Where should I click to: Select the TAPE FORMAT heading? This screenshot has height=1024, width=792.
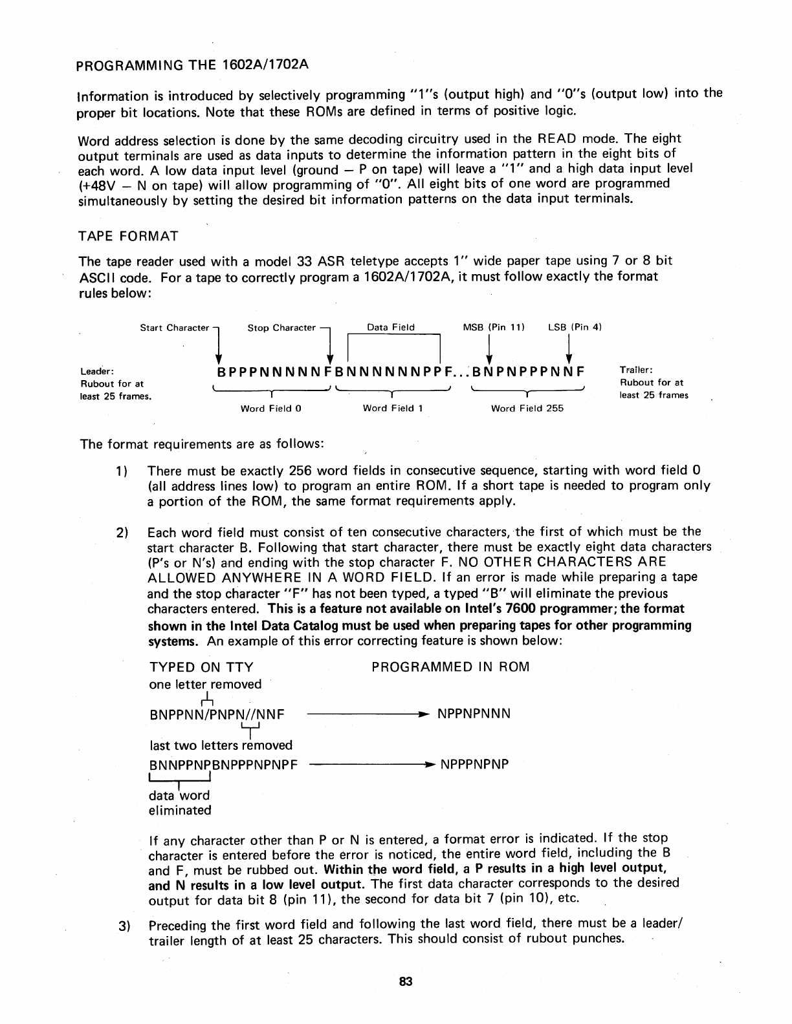[x=127, y=236]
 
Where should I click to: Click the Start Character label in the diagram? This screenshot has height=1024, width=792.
[x=175, y=328]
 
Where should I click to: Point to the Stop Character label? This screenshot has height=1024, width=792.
[x=281, y=328]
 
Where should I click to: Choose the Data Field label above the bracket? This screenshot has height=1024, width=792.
[x=391, y=327]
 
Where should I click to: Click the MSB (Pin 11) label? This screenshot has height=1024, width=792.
[x=494, y=327]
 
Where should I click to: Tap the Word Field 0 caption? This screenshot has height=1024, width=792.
[x=271, y=409]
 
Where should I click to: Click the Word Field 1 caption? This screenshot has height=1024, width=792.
[x=393, y=409]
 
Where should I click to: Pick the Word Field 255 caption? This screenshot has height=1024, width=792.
[x=527, y=409]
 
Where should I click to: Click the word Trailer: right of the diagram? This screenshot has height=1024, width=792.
[x=637, y=370]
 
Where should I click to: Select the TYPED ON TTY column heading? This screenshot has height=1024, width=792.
[x=201, y=667]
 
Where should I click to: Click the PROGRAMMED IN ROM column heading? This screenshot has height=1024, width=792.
[x=450, y=667]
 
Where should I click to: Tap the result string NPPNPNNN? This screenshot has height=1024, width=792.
[x=474, y=714]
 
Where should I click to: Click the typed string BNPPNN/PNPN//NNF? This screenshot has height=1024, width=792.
[x=217, y=714]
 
